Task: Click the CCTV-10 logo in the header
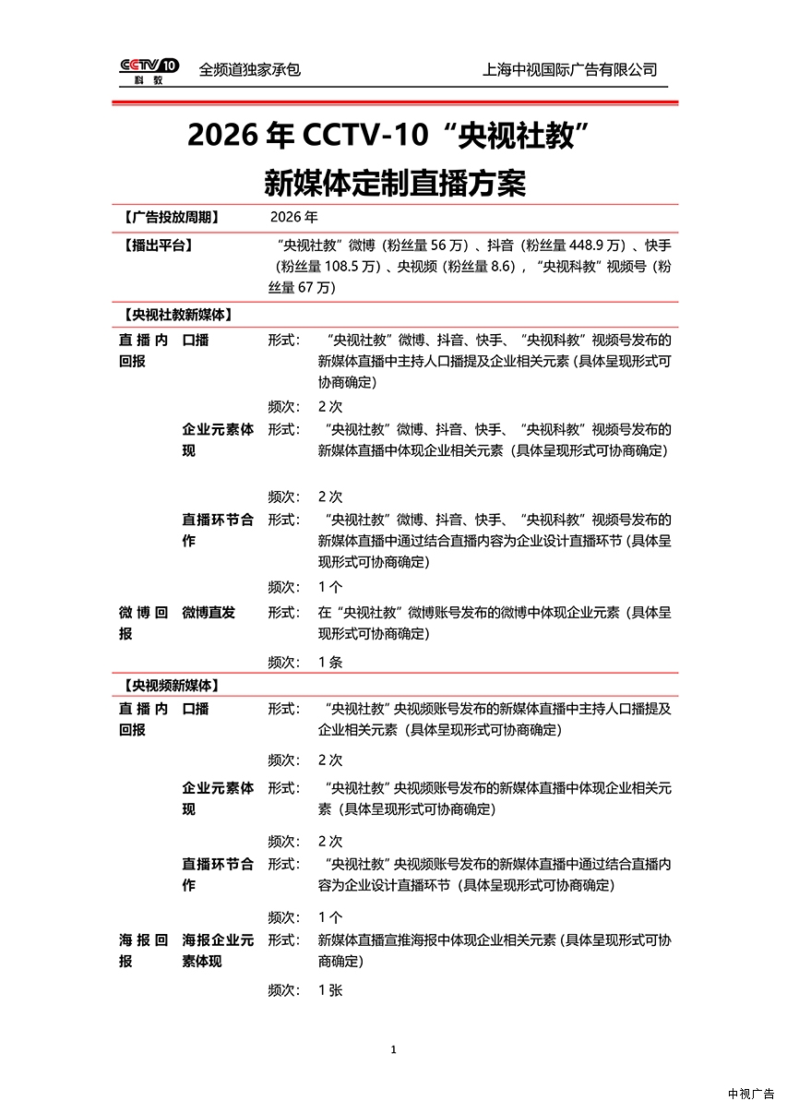[149, 69]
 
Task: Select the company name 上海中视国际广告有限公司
[569, 69]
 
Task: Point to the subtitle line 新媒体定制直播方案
[394, 183]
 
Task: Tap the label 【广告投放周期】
[171, 218]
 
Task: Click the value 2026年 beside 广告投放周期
[294, 218]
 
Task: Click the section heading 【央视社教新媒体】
[175, 315]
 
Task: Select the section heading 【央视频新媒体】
[169, 686]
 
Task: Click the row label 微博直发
[209, 613]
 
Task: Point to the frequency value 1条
[330, 662]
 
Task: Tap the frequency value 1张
[330, 989]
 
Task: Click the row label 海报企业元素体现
[218, 951]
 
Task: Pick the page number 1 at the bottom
[394, 1049]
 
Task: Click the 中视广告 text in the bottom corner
[751, 1094]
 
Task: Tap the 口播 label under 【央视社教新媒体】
[196, 340]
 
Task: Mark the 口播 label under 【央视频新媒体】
[196, 709]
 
